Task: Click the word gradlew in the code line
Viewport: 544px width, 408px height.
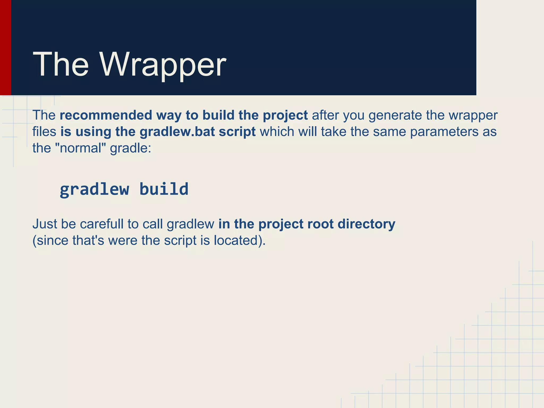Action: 94,189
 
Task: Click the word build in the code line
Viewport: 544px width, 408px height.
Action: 164,189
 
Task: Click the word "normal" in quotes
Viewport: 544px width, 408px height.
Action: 81,148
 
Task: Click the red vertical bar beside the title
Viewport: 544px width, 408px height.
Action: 5,48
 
